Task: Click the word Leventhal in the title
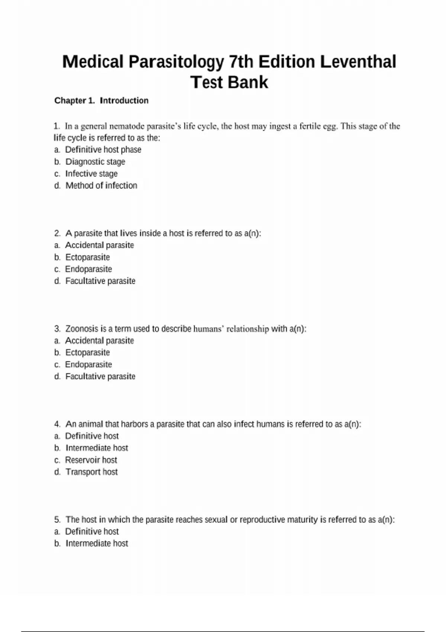point(358,62)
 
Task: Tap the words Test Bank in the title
point(229,82)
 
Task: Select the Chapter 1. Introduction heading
point(101,100)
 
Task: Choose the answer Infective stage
point(91,174)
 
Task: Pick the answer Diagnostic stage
point(95,162)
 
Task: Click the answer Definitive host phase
point(103,149)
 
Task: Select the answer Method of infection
point(101,186)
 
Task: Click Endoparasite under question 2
point(88,269)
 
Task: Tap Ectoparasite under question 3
point(87,352)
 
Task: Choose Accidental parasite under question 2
point(99,245)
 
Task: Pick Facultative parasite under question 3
point(100,377)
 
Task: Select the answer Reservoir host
point(91,460)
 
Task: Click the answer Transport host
point(91,472)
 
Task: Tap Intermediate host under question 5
point(97,544)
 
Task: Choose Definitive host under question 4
point(92,436)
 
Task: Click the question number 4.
point(57,424)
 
